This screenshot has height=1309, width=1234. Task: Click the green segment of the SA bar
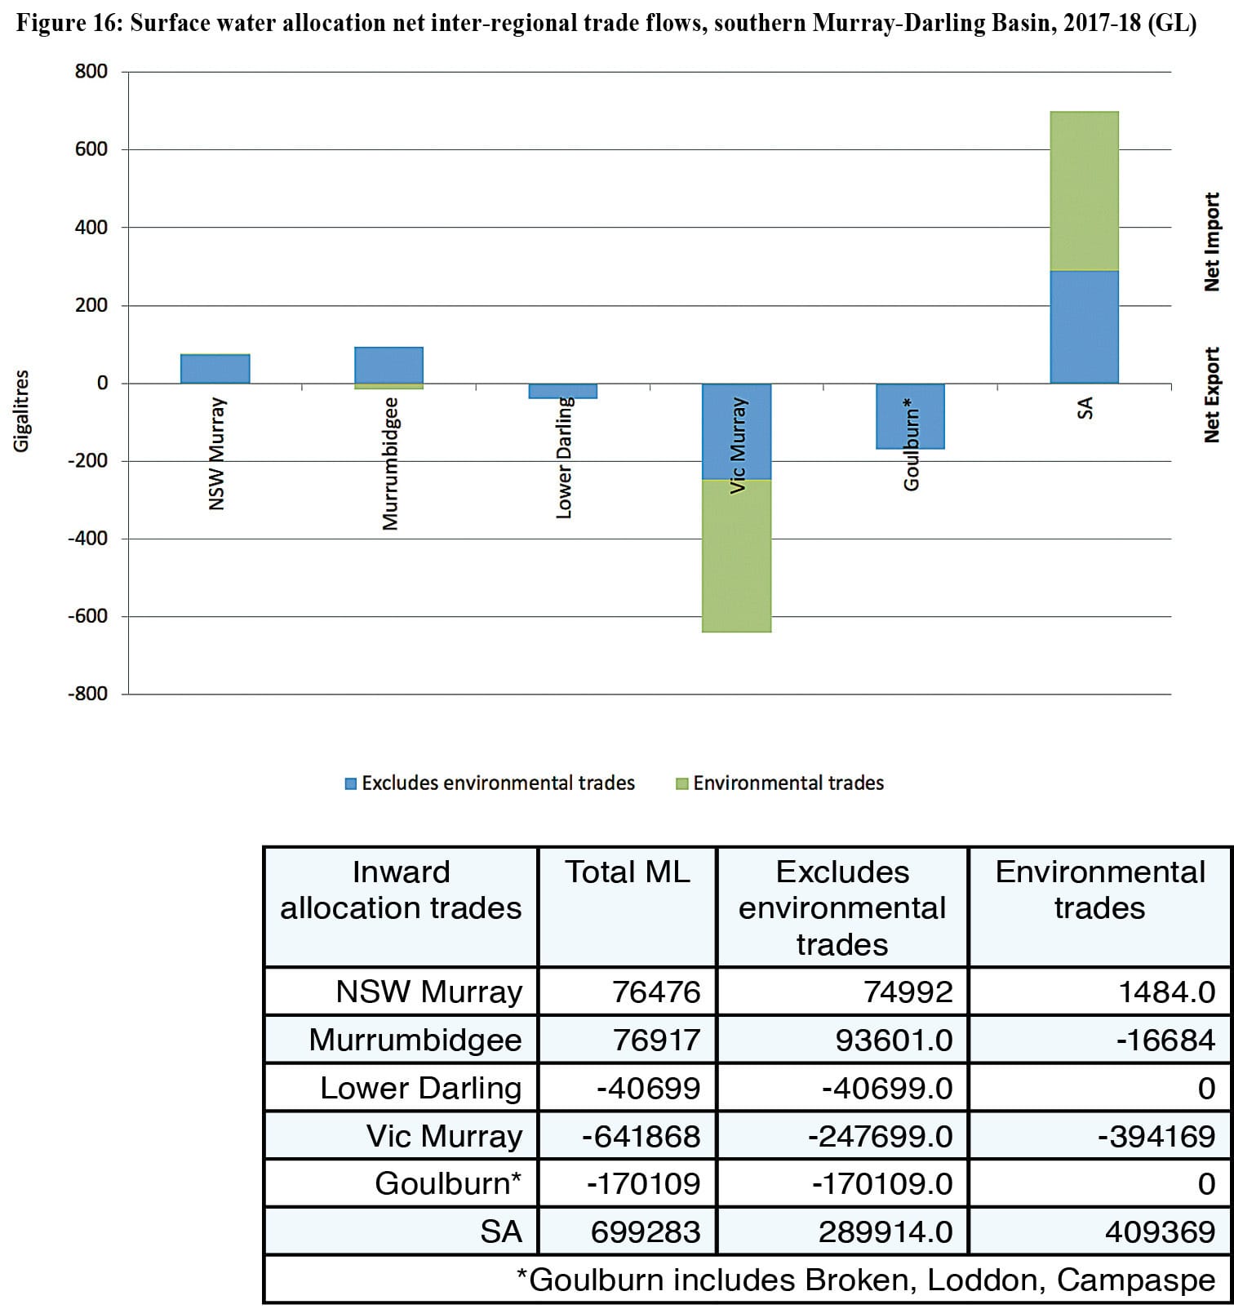(x=1084, y=191)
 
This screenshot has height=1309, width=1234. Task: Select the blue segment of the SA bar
(x=1084, y=327)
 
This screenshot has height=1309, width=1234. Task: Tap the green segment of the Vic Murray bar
(x=737, y=556)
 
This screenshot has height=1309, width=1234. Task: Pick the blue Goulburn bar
(x=911, y=416)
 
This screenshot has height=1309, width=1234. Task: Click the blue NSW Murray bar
(x=215, y=369)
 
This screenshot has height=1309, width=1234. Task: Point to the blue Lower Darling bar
(x=563, y=391)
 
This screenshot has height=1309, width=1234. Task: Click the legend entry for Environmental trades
(x=779, y=783)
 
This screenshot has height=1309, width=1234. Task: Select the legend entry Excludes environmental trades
(x=490, y=783)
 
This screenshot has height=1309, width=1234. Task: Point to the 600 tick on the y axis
(x=91, y=149)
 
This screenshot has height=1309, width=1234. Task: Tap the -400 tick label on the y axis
(x=87, y=539)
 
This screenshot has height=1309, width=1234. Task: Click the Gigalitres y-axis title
(x=21, y=410)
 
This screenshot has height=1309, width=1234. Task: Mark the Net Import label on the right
(x=1212, y=242)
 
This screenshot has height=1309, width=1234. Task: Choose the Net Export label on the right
(x=1212, y=395)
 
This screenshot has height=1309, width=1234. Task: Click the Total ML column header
(x=628, y=872)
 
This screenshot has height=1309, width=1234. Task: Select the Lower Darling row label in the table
(x=420, y=1088)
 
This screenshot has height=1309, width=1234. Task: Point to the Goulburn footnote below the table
(x=866, y=1280)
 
